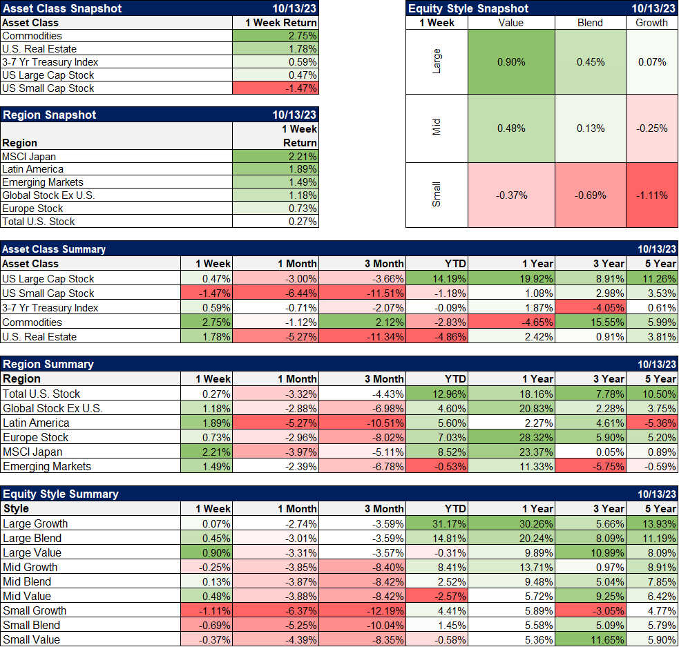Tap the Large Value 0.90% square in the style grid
coord(511,62)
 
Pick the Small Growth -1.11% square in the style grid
coord(652,195)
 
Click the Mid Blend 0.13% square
coord(590,128)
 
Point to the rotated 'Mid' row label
coord(436,128)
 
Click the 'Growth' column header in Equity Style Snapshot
coord(652,23)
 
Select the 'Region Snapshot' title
coord(50,115)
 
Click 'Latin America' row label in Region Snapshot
coord(33,169)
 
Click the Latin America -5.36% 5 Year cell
coord(652,423)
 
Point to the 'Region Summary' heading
coord(48,364)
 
